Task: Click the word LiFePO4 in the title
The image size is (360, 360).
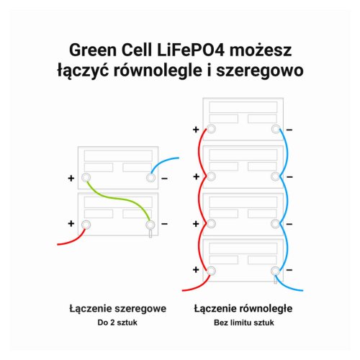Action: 191,50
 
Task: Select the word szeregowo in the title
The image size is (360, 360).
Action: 260,71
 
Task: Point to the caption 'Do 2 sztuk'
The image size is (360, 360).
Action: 117,323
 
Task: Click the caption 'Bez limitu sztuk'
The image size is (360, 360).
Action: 244,323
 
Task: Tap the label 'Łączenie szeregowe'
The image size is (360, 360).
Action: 117,309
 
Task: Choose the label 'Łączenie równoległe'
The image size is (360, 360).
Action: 243,309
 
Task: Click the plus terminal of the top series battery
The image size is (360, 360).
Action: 86,178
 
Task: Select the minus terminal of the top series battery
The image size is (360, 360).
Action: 150,178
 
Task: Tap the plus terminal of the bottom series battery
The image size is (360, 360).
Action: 86,225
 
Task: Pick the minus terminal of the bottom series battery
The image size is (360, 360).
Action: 150,225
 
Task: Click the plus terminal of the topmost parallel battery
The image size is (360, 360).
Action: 211,129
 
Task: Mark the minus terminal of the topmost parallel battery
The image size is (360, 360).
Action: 276,129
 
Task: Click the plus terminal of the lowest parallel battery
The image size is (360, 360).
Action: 211,271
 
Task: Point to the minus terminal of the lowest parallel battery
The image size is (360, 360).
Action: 275,271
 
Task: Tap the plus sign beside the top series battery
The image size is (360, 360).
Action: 71,179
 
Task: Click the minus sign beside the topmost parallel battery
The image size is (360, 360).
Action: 289,130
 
